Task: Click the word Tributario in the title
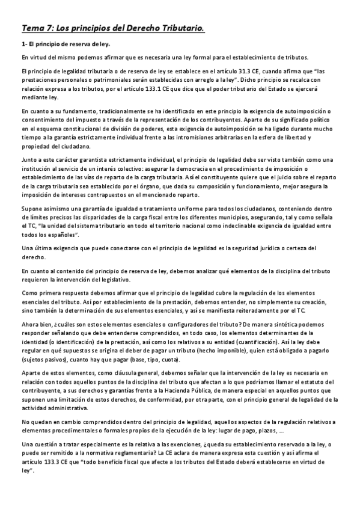[x=178, y=28]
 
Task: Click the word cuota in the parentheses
[x=169, y=360]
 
